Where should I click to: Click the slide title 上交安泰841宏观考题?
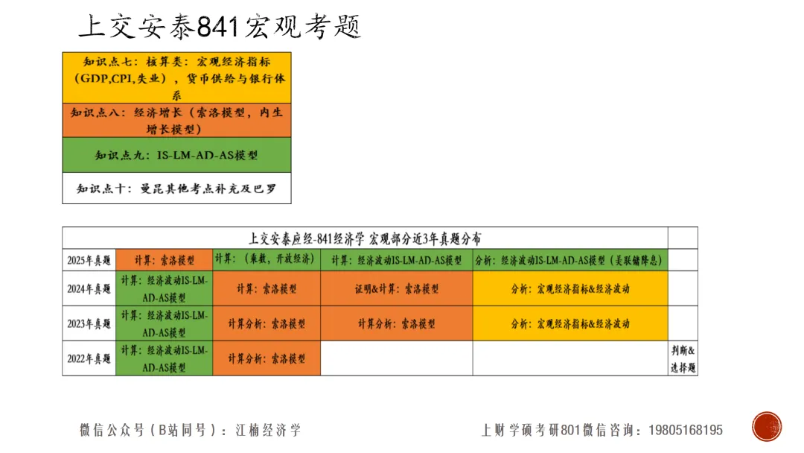coord(220,27)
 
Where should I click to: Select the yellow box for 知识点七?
coord(176,77)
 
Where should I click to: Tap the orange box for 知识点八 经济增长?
coord(176,120)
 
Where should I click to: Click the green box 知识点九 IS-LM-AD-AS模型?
coord(176,156)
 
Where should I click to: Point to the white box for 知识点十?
coord(176,189)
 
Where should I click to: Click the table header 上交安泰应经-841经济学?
coord(365,238)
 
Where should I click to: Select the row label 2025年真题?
coord(89,260)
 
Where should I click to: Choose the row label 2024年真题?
coord(89,288)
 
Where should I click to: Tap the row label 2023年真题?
coord(89,323)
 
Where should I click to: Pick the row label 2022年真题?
coord(89,358)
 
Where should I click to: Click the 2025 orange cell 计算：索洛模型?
coord(164,260)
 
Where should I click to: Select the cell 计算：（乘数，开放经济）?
coord(266,259)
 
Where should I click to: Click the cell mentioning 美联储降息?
coord(569,260)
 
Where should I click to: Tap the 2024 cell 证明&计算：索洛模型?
coord(396,288)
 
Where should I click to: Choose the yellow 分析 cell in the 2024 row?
coord(569,288)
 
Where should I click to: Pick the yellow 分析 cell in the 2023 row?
coord(569,323)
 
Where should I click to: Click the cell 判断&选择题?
coord(683,358)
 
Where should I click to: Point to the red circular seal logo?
coord(767,427)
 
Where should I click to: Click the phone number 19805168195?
coord(686,430)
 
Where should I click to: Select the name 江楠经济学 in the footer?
coord(269,430)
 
